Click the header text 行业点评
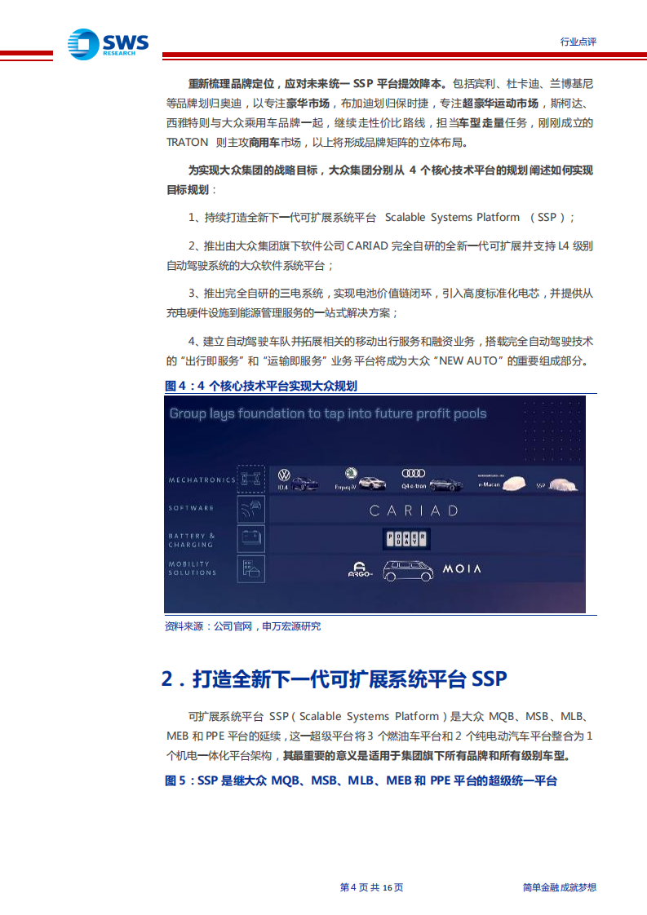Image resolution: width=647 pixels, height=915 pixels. tap(578, 42)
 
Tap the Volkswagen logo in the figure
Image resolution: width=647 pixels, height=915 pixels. tap(284, 475)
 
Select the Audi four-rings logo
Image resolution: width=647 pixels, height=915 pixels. tap(414, 473)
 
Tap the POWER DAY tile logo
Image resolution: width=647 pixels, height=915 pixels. tap(406, 539)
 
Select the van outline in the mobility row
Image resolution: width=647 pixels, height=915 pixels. tap(408, 569)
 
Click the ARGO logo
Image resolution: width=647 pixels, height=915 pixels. tap(360, 571)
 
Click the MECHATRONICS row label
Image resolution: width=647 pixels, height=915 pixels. tap(202, 480)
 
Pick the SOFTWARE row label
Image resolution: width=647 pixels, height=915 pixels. tap(191, 508)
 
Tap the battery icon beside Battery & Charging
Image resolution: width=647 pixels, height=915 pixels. tap(250, 538)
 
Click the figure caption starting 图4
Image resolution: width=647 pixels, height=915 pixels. tap(261, 386)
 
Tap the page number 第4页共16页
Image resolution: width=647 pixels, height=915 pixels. tap(371, 887)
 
